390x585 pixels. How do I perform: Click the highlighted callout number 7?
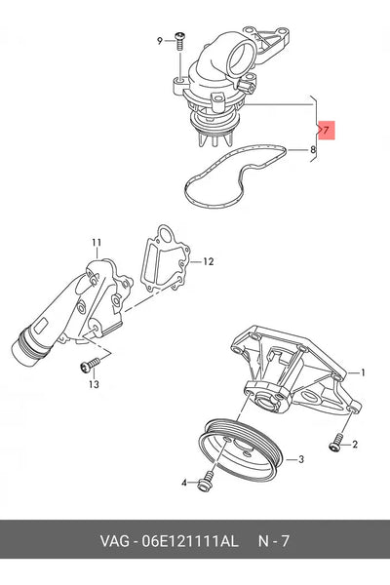tap(327, 131)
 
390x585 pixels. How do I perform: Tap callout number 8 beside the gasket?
tap(313, 150)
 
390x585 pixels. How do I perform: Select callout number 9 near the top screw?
tap(160, 41)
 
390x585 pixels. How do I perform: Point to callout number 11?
tap(97, 243)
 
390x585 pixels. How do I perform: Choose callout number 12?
tap(209, 262)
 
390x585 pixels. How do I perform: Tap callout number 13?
tap(94, 384)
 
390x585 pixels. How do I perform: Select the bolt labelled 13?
tap(90, 365)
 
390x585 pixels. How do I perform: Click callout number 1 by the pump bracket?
tap(363, 372)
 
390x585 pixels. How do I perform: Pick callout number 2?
tap(355, 445)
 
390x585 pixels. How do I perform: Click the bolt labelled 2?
tap(336, 443)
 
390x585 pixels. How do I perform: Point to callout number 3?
tap(301, 459)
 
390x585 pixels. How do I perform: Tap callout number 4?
tap(184, 483)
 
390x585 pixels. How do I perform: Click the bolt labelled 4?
tap(206, 482)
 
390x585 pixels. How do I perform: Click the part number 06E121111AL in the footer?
tap(189, 541)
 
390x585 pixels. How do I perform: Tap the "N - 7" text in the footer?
tap(274, 541)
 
